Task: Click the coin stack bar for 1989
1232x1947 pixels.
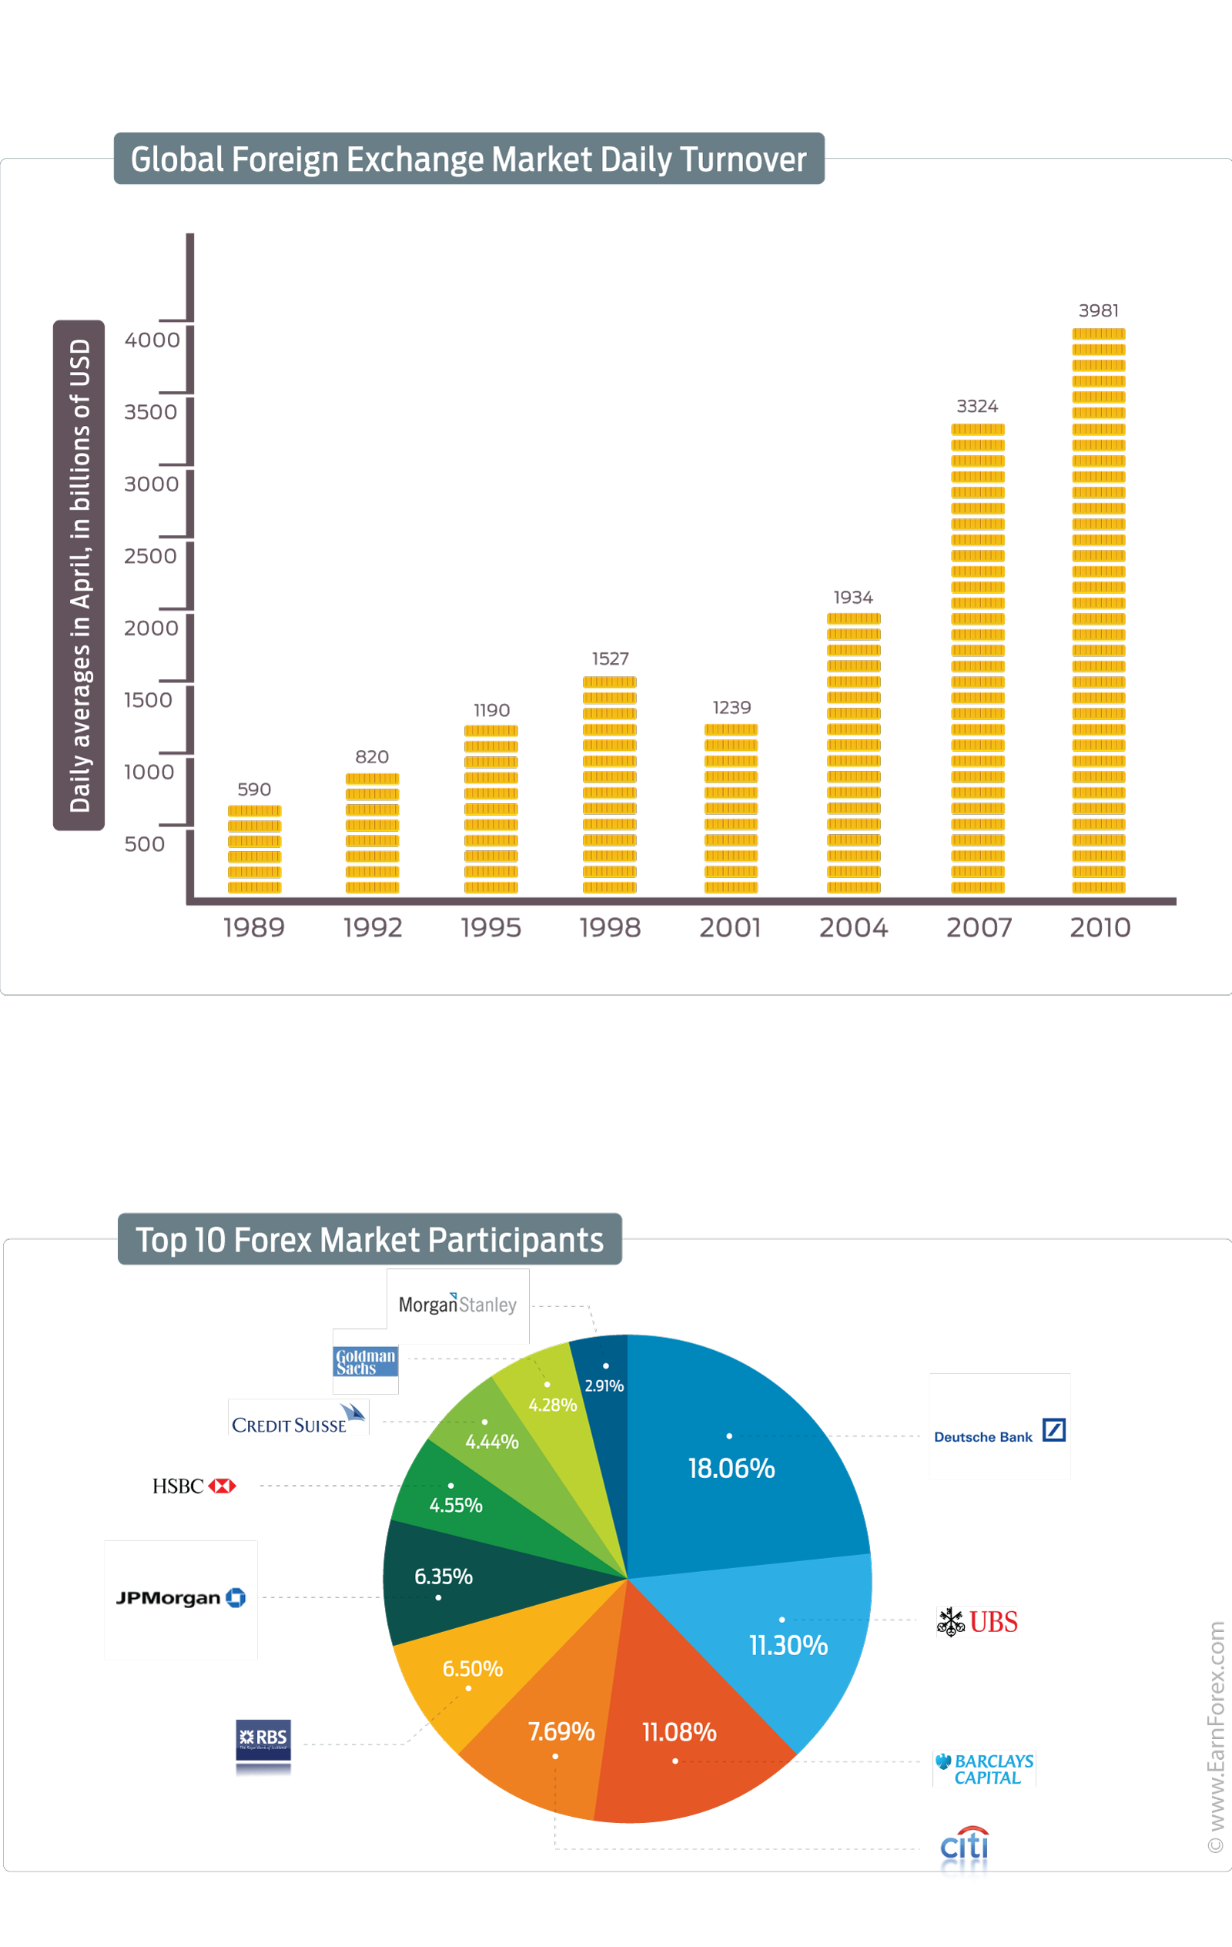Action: click(x=254, y=849)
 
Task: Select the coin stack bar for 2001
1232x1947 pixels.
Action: click(x=731, y=809)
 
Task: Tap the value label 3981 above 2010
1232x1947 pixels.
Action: click(x=1098, y=310)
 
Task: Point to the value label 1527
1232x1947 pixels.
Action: click(x=610, y=658)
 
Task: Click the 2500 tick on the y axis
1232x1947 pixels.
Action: click(x=150, y=556)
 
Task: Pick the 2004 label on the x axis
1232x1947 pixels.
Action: click(x=853, y=927)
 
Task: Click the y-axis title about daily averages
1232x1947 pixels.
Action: click(x=79, y=575)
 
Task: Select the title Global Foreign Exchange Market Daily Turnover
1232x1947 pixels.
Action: click(x=468, y=159)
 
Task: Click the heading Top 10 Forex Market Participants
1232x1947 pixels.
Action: click(x=370, y=1239)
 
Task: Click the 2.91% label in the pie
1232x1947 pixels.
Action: click(x=604, y=1386)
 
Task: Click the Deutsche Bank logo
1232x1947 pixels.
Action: click(x=999, y=1427)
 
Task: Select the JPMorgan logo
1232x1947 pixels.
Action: click(x=180, y=1600)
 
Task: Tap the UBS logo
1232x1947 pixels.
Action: click(x=976, y=1622)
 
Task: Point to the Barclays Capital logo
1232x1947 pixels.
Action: click(x=984, y=1769)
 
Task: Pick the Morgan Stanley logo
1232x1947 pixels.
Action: click(x=457, y=1305)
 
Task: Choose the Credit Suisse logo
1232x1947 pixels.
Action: click(x=297, y=1418)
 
